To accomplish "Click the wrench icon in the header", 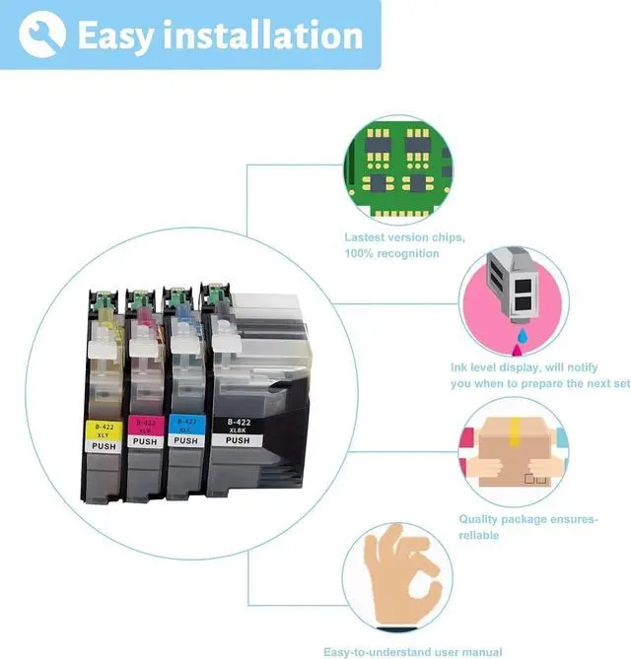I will pyautogui.click(x=42, y=33).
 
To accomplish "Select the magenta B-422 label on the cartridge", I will pyautogui.click(x=145, y=427).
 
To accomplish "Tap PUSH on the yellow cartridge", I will pyautogui.click(x=102, y=443).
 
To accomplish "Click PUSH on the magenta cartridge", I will pyautogui.click(x=145, y=442).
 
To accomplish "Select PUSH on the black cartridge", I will pyautogui.click(x=238, y=440).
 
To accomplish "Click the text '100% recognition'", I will pyautogui.click(x=391, y=254).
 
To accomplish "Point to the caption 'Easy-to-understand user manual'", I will pyautogui.click(x=413, y=651).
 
